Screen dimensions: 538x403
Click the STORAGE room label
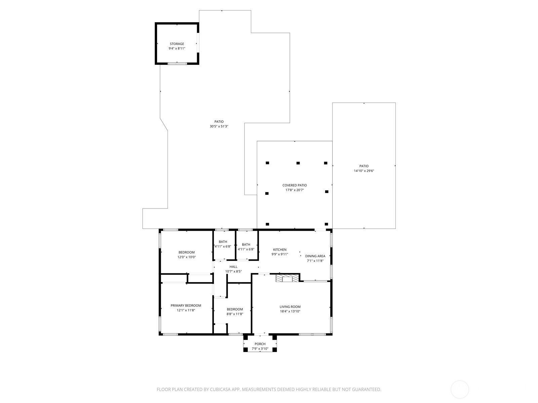point(177,44)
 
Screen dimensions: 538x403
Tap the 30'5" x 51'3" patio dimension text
point(219,127)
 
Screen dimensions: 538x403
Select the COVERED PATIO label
point(294,185)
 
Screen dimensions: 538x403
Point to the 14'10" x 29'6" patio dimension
point(364,171)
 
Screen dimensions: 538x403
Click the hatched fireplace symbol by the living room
point(287,278)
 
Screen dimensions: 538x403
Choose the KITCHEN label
point(280,250)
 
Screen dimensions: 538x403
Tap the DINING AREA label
point(315,256)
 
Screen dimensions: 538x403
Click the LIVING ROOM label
point(290,307)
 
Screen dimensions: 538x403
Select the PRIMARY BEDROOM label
point(186,306)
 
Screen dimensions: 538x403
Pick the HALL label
point(233,267)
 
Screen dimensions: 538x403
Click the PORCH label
point(260,344)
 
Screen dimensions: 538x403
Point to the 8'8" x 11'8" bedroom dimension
point(235,314)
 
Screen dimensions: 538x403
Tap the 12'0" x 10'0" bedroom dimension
point(187,257)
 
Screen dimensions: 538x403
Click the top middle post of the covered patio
point(298,163)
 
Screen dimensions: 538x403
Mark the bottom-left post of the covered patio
point(267,224)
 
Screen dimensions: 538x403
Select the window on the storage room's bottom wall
point(177,63)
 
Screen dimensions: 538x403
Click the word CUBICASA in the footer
point(220,390)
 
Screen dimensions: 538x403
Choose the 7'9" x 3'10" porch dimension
point(260,349)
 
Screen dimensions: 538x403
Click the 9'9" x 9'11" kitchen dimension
point(280,254)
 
